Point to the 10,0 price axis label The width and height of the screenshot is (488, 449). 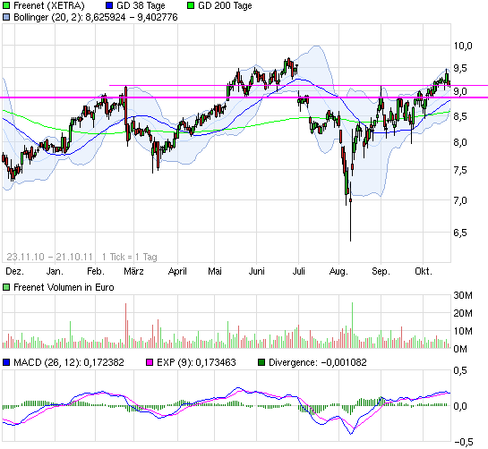tap(462, 46)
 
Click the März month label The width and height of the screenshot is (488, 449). tap(134, 269)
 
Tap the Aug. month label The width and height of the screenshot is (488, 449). tap(338, 269)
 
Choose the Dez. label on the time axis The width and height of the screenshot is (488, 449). tap(13, 269)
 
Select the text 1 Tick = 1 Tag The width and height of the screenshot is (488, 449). tap(129, 254)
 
